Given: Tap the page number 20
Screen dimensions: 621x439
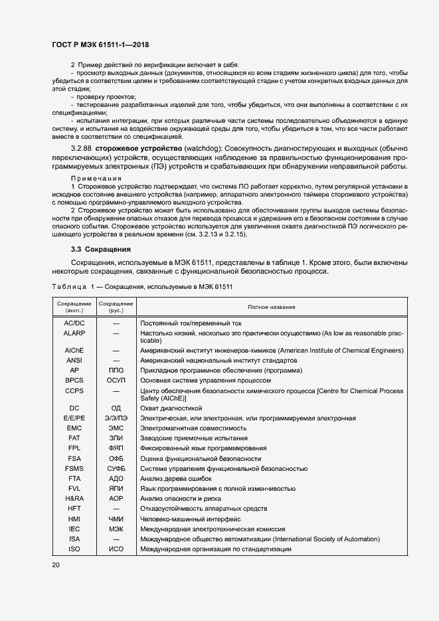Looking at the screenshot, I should point(55,565).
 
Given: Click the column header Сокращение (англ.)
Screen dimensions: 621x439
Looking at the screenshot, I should point(74,307).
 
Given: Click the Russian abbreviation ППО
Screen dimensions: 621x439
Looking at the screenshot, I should point(116,370).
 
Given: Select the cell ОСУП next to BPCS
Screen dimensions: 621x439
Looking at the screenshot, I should point(116,380).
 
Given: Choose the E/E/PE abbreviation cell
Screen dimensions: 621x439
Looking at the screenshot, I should point(74,418).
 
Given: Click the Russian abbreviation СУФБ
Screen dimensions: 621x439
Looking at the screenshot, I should point(116,468).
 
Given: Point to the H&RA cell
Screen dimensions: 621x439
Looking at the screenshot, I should point(74,498).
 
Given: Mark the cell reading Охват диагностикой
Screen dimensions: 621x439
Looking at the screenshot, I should point(170,408).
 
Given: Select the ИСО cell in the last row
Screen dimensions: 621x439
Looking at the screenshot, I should point(116,549).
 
